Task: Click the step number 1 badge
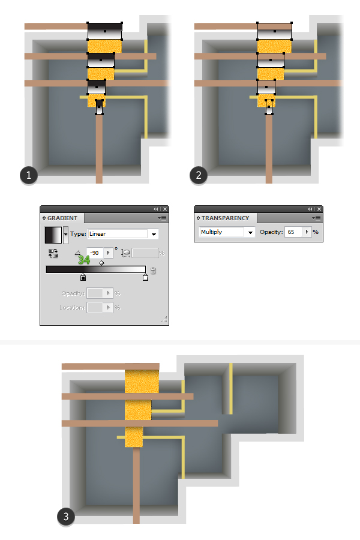29,175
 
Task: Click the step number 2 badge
199,175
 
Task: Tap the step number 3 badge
66,517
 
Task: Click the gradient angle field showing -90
95,253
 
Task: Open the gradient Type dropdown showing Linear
123,234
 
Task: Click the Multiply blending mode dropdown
227,232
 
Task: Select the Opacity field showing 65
293,232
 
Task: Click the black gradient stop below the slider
83,277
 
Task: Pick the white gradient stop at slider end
145,277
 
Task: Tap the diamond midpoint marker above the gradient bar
101,263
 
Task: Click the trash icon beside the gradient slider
154,271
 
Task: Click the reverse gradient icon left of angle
53,253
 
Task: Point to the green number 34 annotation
84,260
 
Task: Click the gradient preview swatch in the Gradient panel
53,235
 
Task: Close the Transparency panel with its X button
319,209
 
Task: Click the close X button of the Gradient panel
165,209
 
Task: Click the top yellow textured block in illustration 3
142,381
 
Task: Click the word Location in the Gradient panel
71,308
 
